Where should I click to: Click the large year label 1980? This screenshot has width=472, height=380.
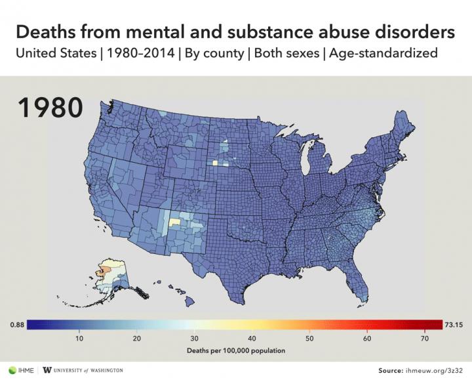(49, 108)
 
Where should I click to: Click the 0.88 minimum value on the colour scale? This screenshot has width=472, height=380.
(17, 324)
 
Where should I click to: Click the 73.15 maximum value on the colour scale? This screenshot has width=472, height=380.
(454, 324)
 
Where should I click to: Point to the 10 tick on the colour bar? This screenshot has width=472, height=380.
(79, 338)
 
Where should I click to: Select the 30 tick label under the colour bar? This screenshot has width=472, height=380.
(195, 338)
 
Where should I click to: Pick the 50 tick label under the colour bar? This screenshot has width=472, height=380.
(309, 338)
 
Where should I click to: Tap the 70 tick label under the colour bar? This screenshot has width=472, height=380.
(424, 338)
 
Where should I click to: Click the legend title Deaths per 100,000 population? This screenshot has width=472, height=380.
(236, 350)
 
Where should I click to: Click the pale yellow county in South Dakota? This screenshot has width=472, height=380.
(214, 162)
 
